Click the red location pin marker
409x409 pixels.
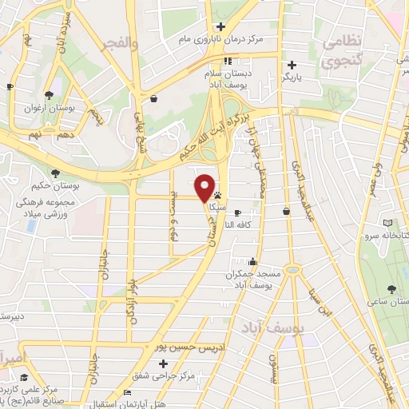205,187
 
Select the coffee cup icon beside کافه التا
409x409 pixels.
237,212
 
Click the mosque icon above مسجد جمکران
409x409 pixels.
253,261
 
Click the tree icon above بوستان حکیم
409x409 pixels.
55,172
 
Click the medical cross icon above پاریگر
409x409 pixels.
292,66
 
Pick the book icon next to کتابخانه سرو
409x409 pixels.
388,223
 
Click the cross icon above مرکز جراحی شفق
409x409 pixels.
163,363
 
